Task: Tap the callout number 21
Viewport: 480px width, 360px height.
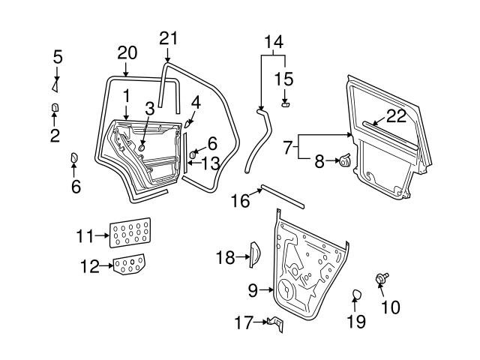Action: pos(169,39)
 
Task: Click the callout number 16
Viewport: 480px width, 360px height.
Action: pos(240,201)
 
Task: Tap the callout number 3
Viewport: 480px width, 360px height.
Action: pos(150,108)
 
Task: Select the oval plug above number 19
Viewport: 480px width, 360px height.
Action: pos(357,293)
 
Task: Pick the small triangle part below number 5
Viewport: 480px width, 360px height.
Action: pos(56,84)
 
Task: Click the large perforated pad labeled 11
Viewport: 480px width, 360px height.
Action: pos(131,232)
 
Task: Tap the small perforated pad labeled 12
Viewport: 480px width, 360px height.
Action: pos(130,265)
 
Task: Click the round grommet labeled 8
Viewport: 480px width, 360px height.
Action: pos(346,160)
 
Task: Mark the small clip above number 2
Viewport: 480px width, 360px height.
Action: pos(55,109)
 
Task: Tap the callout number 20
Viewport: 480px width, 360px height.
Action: pos(127,52)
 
